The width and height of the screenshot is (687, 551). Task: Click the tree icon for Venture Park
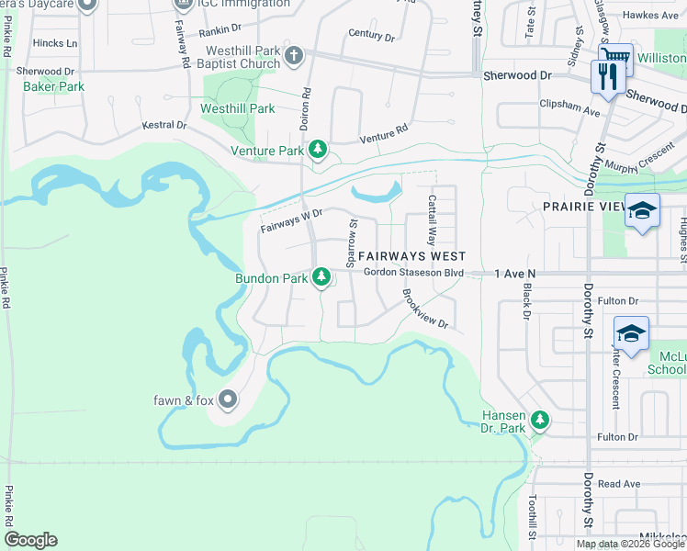pyautogui.click(x=318, y=150)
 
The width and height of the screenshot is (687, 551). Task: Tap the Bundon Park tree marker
pyautogui.click(x=321, y=275)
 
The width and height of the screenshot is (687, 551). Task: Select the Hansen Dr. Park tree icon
pyautogui.click(x=541, y=421)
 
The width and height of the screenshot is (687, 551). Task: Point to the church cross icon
pyautogui.click(x=293, y=56)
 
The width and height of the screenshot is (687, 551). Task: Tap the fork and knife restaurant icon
pyautogui.click(x=606, y=76)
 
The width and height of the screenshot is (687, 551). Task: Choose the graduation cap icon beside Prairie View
pyautogui.click(x=642, y=211)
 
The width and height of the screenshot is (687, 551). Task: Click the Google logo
pyautogui.click(x=30, y=540)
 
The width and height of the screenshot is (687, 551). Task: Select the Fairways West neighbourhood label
pyautogui.click(x=411, y=256)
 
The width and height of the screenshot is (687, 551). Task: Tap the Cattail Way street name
pyautogui.click(x=431, y=218)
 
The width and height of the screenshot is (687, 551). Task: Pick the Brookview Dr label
pyautogui.click(x=423, y=309)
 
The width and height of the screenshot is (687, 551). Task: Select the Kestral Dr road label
pyautogui.click(x=164, y=125)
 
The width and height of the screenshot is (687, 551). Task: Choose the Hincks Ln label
pyautogui.click(x=54, y=43)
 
